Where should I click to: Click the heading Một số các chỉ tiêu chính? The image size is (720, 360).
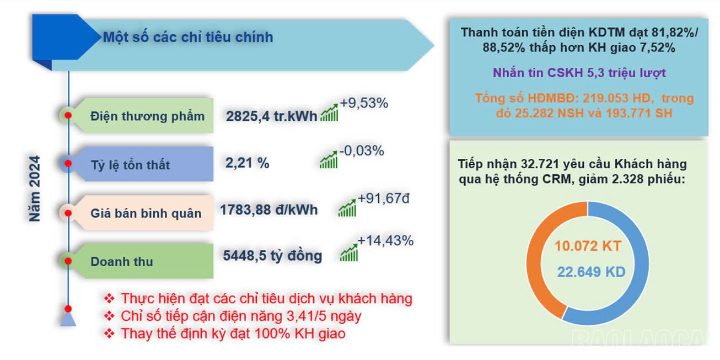click(187, 37)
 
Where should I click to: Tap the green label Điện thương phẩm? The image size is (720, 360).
click(147, 116)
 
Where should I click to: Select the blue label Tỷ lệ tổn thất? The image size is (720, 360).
click(130, 165)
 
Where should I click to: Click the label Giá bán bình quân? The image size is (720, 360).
click(146, 213)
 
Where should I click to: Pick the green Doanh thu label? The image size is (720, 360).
click(121, 261)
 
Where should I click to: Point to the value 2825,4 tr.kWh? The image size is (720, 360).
click(271, 116)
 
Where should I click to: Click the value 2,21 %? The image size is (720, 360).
click(247, 163)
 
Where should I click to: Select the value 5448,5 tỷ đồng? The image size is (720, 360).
click(272, 256)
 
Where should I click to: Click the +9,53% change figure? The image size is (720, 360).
click(364, 103)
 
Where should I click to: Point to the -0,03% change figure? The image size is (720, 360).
click(362, 151)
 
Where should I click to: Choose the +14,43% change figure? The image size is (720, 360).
click(385, 241)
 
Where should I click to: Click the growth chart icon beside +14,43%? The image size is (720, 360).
click(348, 252)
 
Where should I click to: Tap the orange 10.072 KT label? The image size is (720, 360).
click(588, 246)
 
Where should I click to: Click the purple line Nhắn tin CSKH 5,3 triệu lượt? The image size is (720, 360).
click(579, 73)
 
